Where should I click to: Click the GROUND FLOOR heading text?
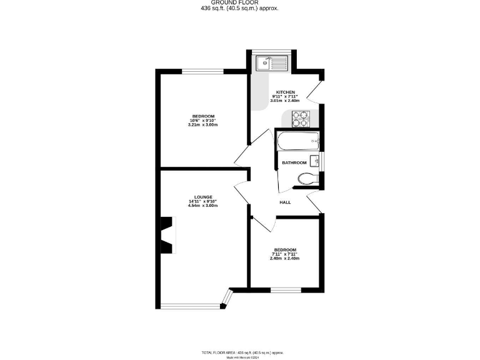tap(240, 3)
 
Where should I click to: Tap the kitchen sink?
tap(271, 62)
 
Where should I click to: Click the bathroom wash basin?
tap(315, 162)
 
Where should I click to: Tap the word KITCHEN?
tap(285, 92)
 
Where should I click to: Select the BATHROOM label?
tap(293, 162)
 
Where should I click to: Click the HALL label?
tap(285, 202)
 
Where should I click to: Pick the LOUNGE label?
tap(203, 196)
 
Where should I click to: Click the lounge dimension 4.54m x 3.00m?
tap(203, 206)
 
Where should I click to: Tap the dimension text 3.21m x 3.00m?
tap(203, 125)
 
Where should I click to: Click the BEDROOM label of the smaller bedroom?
tap(285, 249)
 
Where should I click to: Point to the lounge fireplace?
tap(167, 235)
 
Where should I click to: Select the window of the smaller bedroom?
tap(285, 289)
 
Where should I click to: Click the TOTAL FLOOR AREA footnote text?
tap(240, 352)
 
